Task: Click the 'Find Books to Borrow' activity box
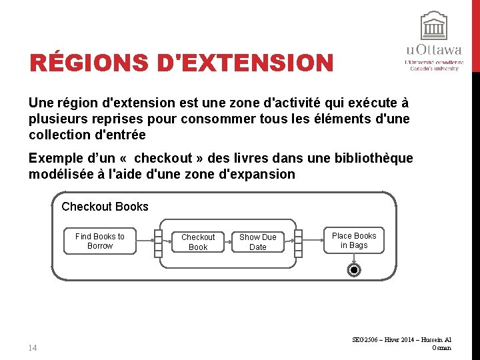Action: (99, 241)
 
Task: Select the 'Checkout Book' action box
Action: (198, 242)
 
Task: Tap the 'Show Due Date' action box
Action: (257, 242)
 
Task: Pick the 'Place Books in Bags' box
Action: (354, 241)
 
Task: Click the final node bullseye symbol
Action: (355, 270)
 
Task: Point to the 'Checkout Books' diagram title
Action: (105, 207)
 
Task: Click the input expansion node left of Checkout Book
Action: (158, 243)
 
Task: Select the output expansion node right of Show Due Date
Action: (299, 243)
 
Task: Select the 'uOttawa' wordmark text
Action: (433, 50)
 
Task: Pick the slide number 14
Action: (34, 347)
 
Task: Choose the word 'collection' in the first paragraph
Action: (59, 135)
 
